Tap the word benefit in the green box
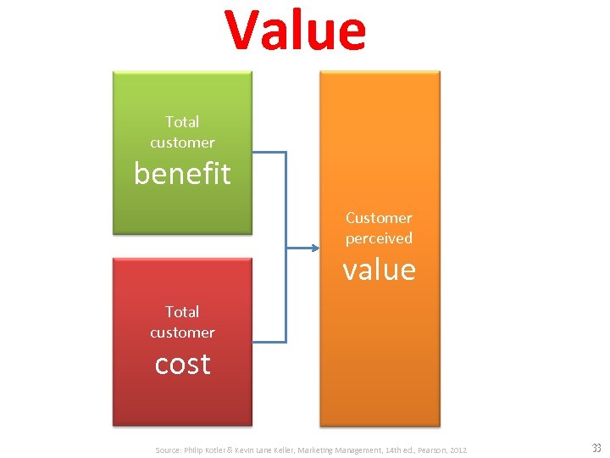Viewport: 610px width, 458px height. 182,173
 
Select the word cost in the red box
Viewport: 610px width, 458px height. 182,364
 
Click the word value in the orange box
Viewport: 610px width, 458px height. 379,270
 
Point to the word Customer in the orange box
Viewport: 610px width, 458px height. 379,218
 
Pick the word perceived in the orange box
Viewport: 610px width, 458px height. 379,238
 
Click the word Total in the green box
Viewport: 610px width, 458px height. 182,122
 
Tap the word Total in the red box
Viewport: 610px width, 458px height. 182,312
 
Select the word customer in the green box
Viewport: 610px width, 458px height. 182,142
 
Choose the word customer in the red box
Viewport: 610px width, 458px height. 182,332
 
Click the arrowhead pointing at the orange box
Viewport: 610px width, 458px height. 314,248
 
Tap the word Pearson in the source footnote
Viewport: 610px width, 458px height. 427,450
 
